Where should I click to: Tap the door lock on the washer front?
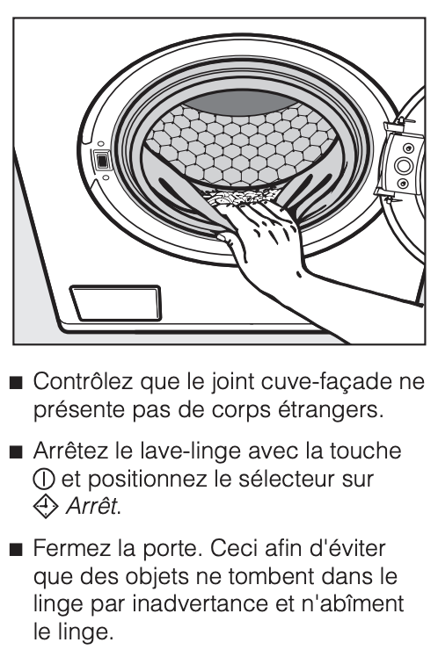pos(102,161)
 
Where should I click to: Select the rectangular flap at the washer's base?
pos(115,302)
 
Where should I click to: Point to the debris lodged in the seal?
pos(240,199)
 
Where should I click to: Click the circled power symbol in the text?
pos(43,480)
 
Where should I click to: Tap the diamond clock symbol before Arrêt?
pos(46,507)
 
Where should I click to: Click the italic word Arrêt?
pos(92,507)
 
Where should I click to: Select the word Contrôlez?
pos(83,382)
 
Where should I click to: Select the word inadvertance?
pos(200,603)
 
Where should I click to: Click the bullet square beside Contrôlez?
pos(16,383)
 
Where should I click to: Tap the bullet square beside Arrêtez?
pos(16,452)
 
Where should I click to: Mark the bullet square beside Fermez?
pos(16,549)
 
